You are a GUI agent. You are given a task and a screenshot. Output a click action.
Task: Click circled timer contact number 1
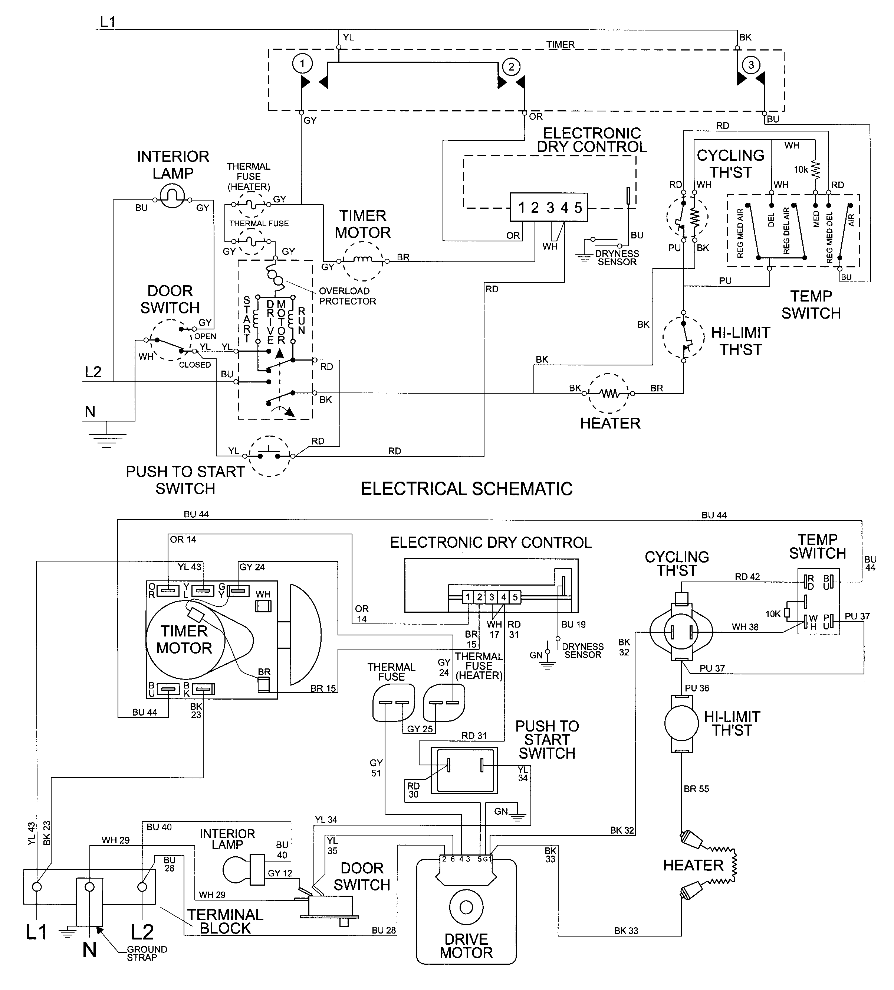pyautogui.click(x=302, y=63)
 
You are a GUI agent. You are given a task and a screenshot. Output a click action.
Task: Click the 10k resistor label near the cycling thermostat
pyautogui.click(x=800, y=169)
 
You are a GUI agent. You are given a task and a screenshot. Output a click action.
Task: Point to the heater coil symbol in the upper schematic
pyautogui.click(x=608, y=393)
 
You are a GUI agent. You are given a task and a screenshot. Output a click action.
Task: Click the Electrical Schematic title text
pyautogui.click(x=466, y=489)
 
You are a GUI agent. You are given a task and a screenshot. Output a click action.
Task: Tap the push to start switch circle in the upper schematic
pyautogui.click(x=269, y=456)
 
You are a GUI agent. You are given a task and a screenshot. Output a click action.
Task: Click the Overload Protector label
pyautogui.click(x=347, y=296)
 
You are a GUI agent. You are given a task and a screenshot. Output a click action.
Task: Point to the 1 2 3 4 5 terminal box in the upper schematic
pyautogui.click(x=549, y=208)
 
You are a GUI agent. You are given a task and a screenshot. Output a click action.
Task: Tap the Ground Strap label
pyautogui.click(x=146, y=953)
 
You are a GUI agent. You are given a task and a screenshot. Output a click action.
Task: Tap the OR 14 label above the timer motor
pyautogui.click(x=183, y=539)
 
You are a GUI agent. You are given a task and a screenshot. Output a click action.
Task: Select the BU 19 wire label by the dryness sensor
pyautogui.click(x=573, y=624)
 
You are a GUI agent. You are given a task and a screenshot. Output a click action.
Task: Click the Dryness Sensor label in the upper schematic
pyautogui.click(x=617, y=258)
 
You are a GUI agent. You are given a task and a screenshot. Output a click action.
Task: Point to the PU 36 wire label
pyautogui.click(x=697, y=688)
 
